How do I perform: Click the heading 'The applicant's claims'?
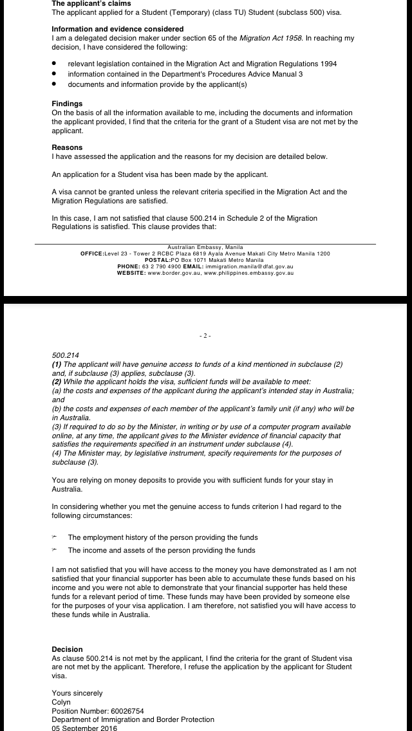[x=91, y=4]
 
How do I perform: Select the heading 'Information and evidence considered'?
[x=117, y=29]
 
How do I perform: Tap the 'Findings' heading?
[x=67, y=104]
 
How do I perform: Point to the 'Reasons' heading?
[x=67, y=147]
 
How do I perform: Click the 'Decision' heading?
[x=67, y=649]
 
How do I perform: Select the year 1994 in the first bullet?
[x=326, y=64]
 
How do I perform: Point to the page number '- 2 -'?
[x=205, y=336]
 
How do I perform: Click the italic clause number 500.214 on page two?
[x=64, y=355]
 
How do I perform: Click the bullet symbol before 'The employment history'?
[x=55, y=537]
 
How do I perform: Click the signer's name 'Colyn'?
[x=61, y=702]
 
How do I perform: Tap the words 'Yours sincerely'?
[x=77, y=693]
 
